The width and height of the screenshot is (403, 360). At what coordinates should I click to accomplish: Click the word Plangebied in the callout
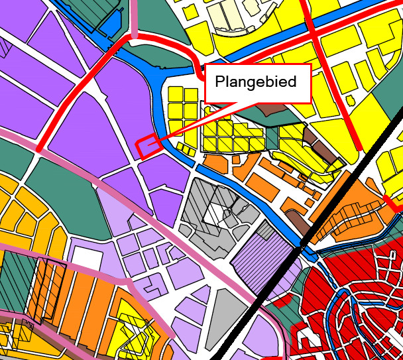pyautogui.click(x=257, y=84)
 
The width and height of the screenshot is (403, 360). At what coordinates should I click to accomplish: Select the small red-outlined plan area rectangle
pyautogui.click(x=147, y=145)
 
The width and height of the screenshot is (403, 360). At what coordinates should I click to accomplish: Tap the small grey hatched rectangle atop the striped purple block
pyautogui.click(x=264, y=229)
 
